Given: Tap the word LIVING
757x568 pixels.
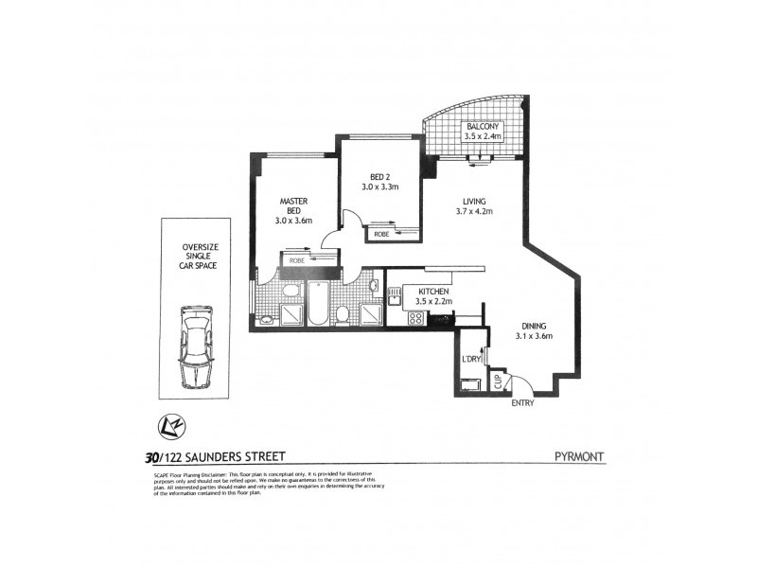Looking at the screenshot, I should [474, 201].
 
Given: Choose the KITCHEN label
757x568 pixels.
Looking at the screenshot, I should [419, 292].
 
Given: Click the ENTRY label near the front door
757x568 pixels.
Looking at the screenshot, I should [522, 402].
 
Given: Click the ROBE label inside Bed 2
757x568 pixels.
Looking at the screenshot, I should [381, 233].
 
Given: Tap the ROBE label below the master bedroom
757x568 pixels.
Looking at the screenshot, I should [296, 258].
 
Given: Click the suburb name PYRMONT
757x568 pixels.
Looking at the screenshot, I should [579, 457].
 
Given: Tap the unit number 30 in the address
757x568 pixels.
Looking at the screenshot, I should [150, 457].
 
